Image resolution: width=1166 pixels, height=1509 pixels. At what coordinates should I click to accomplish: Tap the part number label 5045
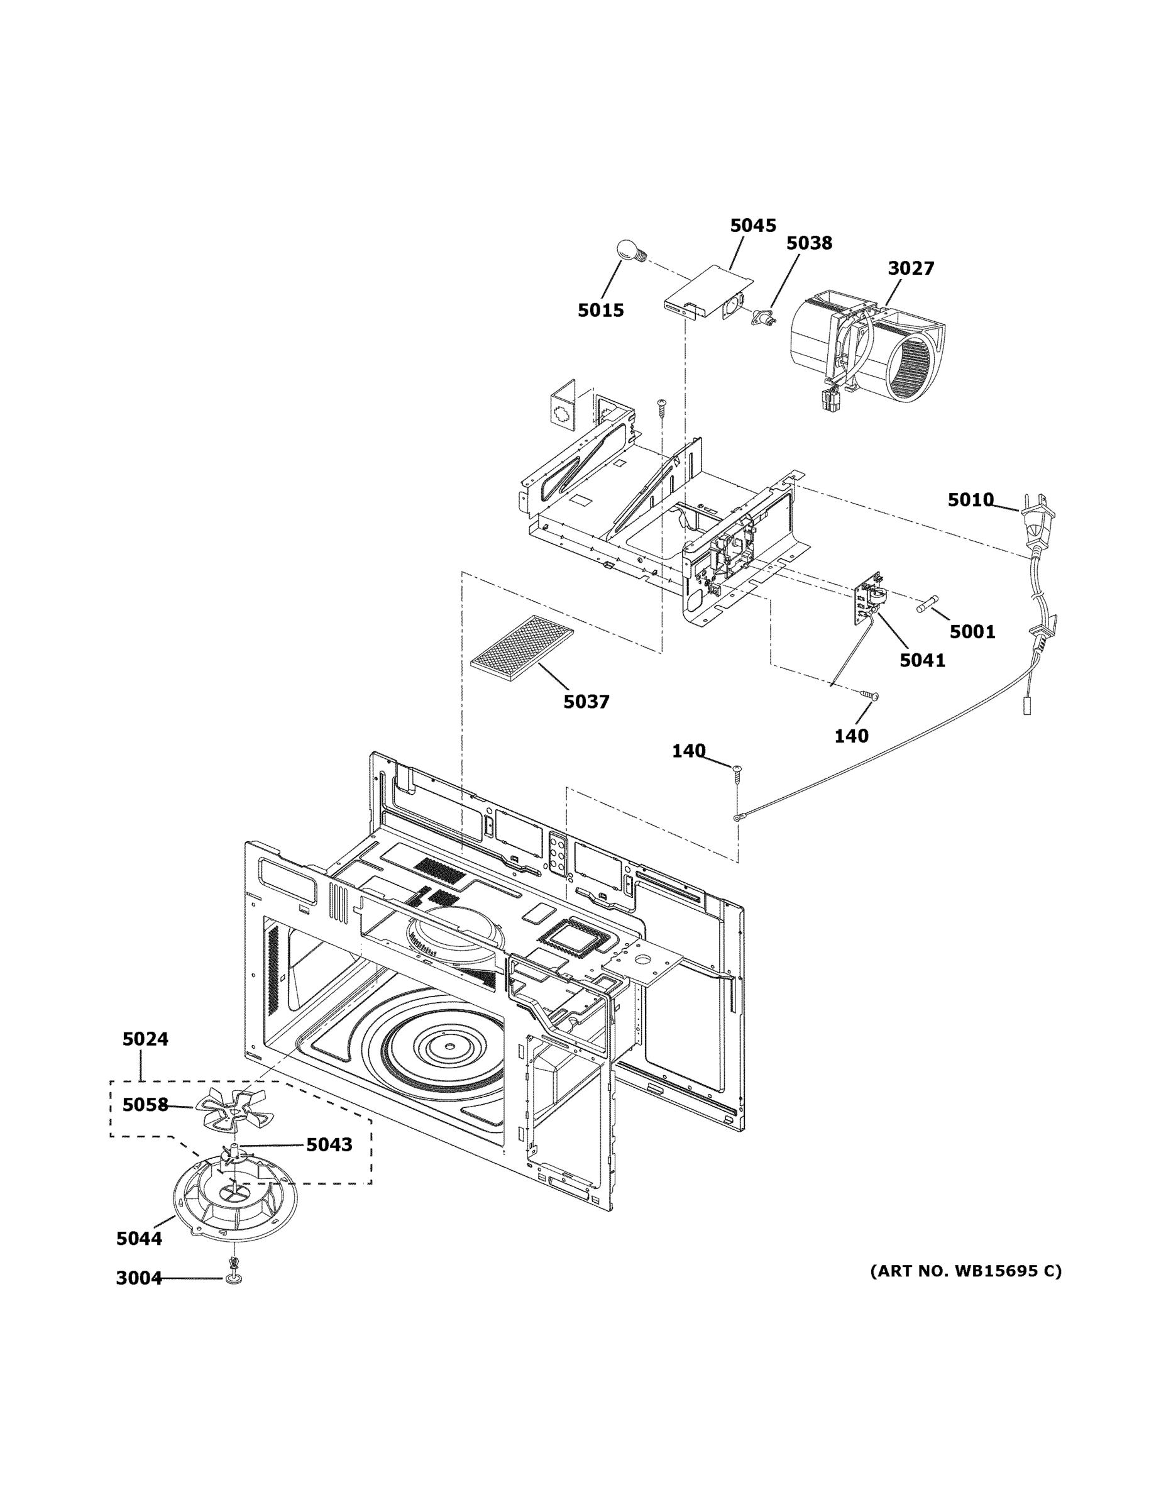coord(753,225)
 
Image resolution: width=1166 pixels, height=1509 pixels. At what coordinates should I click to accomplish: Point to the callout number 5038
coord(809,243)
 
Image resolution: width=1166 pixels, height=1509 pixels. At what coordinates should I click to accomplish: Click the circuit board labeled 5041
coord(869,599)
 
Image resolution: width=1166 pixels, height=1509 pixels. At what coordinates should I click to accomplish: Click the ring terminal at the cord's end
coord(739,818)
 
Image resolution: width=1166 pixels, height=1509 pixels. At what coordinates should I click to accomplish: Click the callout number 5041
coord(922,661)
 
